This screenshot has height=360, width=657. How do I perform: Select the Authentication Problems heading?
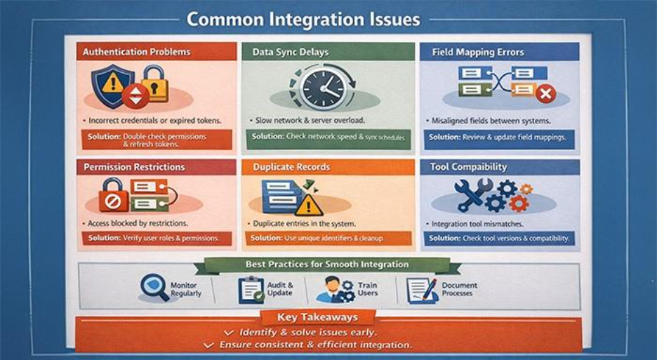click(136, 52)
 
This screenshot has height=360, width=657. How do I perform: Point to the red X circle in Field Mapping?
click(545, 93)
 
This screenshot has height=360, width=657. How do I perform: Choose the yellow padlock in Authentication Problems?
click(155, 86)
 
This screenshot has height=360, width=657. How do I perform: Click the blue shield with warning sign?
click(112, 84)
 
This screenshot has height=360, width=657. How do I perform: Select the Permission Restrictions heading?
click(134, 167)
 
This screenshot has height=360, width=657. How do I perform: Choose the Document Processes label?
click(459, 289)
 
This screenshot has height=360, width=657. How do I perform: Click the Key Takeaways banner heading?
click(317, 317)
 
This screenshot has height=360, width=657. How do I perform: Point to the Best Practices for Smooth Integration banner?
click(326, 265)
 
